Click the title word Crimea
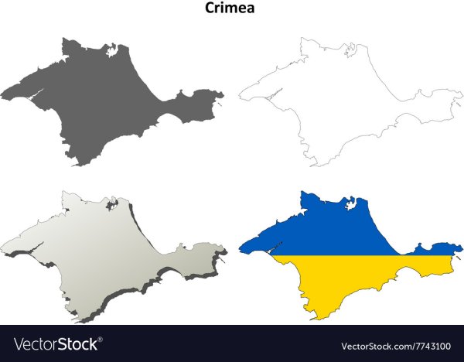(x=231, y=9)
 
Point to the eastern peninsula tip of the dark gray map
(x=221, y=96)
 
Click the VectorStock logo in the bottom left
(x=50, y=343)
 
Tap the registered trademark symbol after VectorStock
(x=100, y=339)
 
